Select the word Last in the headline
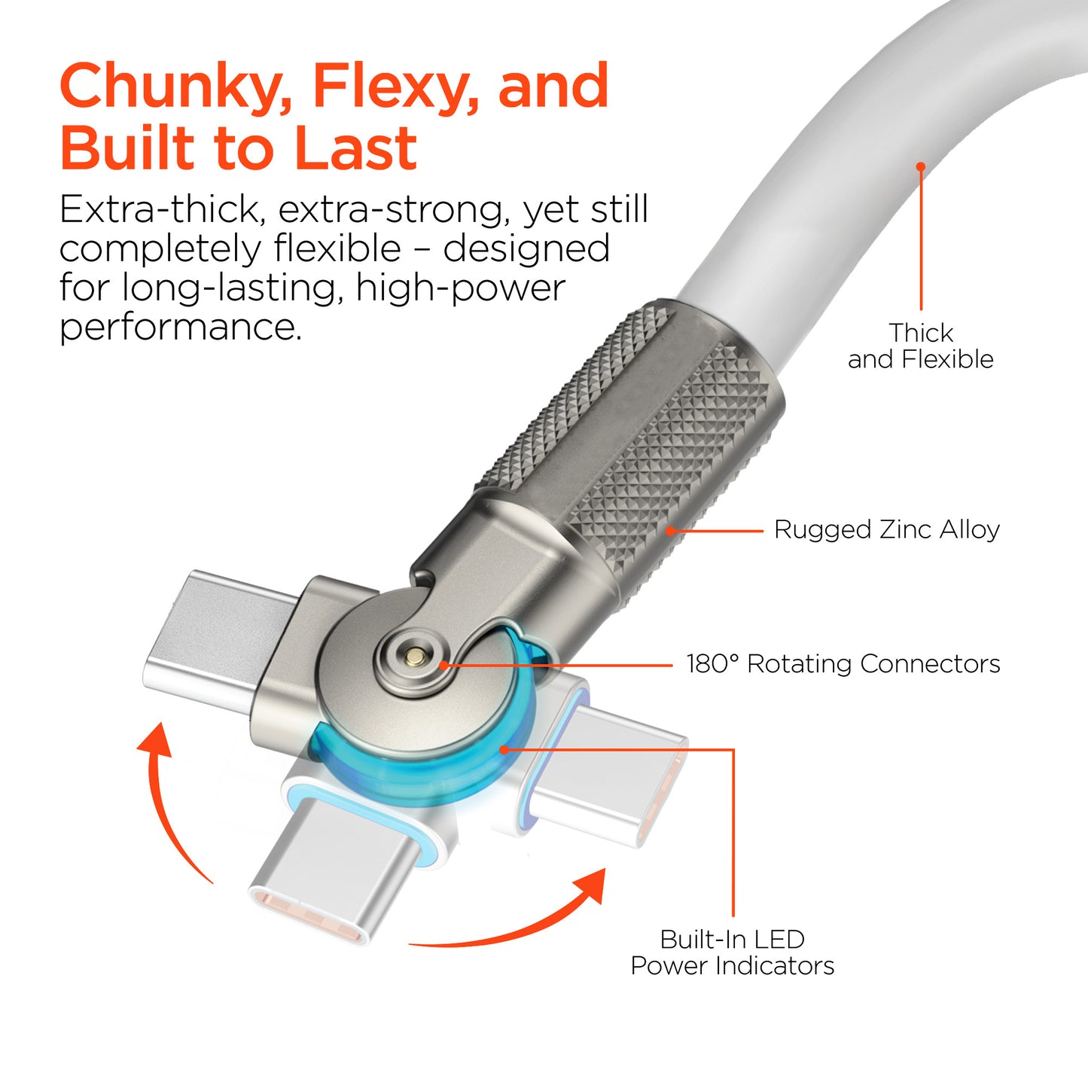pyautogui.click(x=355, y=147)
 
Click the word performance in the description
pyautogui.click(x=180, y=328)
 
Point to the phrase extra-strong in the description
pyautogui.click(x=389, y=210)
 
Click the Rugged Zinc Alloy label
pyautogui.click(x=886, y=530)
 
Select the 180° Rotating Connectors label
pyautogui.click(x=843, y=664)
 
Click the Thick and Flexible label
pyautogui.click(x=920, y=346)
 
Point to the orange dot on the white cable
pyautogui.click(x=921, y=166)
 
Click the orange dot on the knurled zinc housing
pyautogui.click(x=670, y=531)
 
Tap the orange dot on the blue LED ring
pyautogui.click(x=504, y=749)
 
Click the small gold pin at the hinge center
pyautogui.click(x=416, y=656)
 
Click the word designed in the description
pyautogui.click(x=526, y=249)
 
